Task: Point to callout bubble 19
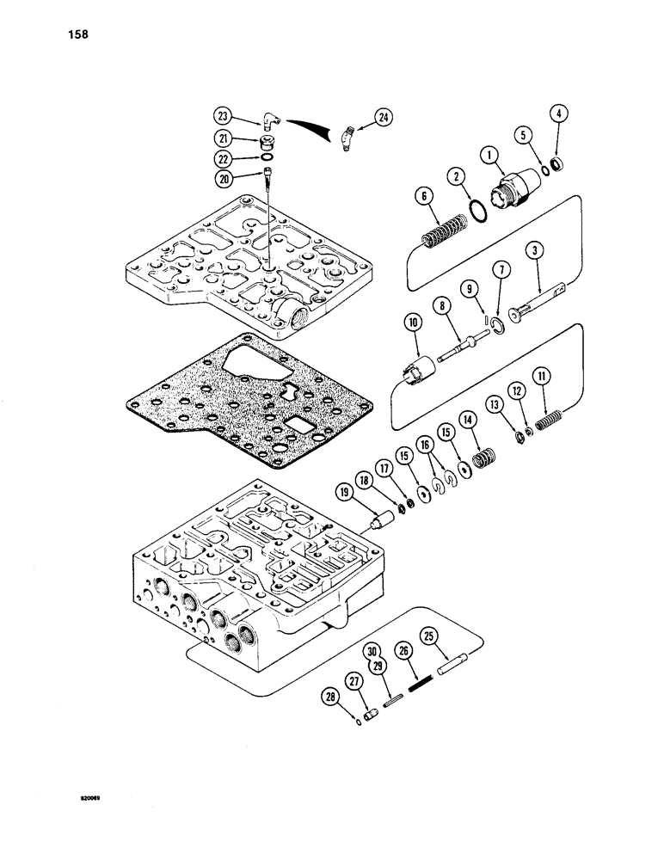pyautogui.click(x=344, y=493)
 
